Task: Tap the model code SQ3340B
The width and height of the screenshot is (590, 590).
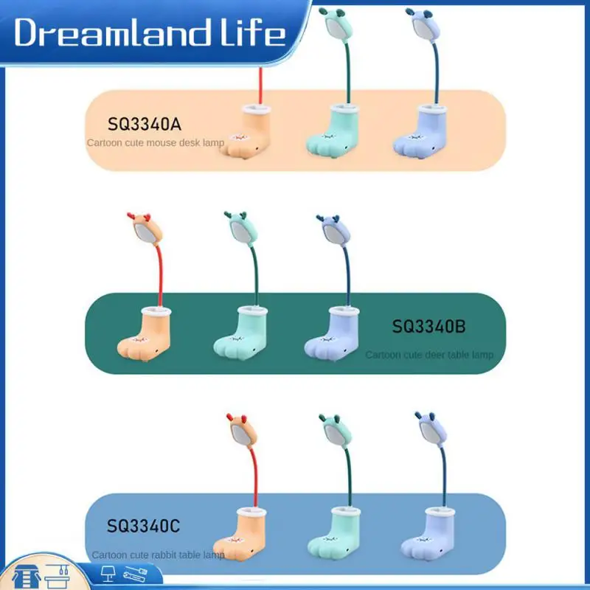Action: coord(428,325)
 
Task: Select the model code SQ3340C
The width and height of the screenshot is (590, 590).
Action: coord(143,527)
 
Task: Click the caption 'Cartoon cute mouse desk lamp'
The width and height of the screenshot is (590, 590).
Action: coord(156,142)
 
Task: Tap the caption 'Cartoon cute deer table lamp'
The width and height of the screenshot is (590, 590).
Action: coord(429,355)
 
